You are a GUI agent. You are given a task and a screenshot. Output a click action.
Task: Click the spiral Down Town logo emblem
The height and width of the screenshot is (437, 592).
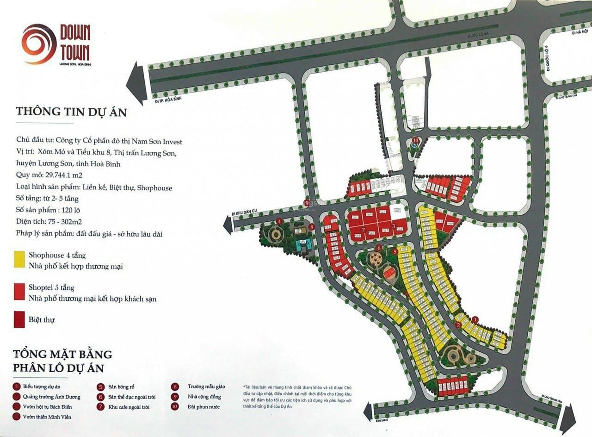click(x=39, y=44)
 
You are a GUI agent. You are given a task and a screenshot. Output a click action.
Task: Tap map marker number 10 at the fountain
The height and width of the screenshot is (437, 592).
click(x=415, y=139)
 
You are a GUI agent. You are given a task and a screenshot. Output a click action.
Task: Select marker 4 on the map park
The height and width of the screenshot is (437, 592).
click(x=279, y=221)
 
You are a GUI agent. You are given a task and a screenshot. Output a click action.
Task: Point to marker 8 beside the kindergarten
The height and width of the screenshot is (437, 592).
click(x=312, y=227)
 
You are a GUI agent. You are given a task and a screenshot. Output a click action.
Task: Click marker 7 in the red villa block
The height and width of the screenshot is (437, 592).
click(x=364, y=230)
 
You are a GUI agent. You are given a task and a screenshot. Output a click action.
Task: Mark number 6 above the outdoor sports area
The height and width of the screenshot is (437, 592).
click(x=379, y=248)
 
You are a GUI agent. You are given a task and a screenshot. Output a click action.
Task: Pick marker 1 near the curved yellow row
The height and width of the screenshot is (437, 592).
click(x=475, y=319)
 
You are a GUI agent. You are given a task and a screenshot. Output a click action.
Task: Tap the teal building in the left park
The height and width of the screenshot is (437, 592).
click(x=304, y=245)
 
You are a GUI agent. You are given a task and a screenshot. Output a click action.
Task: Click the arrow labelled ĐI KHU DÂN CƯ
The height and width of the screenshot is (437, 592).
click(x=228, y=225)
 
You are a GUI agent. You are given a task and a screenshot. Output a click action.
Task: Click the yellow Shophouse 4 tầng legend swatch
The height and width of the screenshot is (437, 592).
click(x=19, y=259)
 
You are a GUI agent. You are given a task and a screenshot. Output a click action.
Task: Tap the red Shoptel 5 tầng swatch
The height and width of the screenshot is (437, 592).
click(x=19, y=293)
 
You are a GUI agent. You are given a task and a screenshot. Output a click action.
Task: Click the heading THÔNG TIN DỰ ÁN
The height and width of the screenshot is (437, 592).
click(x=71, y=112)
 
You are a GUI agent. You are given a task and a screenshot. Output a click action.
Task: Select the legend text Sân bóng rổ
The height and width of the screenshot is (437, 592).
click(x=122, y=386)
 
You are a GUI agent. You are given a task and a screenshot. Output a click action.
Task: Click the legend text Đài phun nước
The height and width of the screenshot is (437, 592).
click(x=203, y=407)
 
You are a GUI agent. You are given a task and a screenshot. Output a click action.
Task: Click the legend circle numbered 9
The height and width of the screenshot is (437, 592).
click(x=175, y=397)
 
